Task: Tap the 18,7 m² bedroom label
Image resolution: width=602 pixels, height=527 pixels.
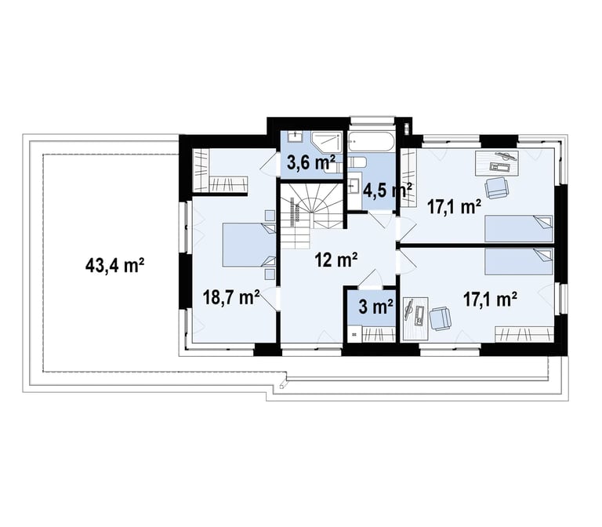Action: [x=231, y=298]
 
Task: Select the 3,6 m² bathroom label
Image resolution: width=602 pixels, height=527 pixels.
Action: [x=311, y=163]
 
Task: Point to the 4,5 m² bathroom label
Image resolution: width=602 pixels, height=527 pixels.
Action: [x=387, y=190]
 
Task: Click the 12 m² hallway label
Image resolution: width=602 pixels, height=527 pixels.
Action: [x=336, y=260]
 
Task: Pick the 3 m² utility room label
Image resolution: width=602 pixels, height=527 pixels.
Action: [x=376, y=307]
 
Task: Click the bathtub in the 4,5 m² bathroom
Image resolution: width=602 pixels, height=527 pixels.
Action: [x=371, y=142]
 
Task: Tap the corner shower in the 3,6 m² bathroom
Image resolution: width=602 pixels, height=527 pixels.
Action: [x=326, y=144]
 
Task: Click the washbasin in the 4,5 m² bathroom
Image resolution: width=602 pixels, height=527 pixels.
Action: [x=356, y=186]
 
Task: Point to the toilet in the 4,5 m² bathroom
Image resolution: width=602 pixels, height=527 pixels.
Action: [x=356, y=162]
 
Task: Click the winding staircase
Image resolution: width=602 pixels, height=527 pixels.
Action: [x=312, y=216]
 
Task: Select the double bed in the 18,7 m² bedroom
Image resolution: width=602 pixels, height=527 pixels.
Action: [x=249, y=245]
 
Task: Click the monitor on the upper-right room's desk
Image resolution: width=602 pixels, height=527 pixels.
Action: [x=506, y=155]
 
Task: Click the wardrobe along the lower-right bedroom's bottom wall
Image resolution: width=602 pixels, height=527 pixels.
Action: [x=524, y=334]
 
